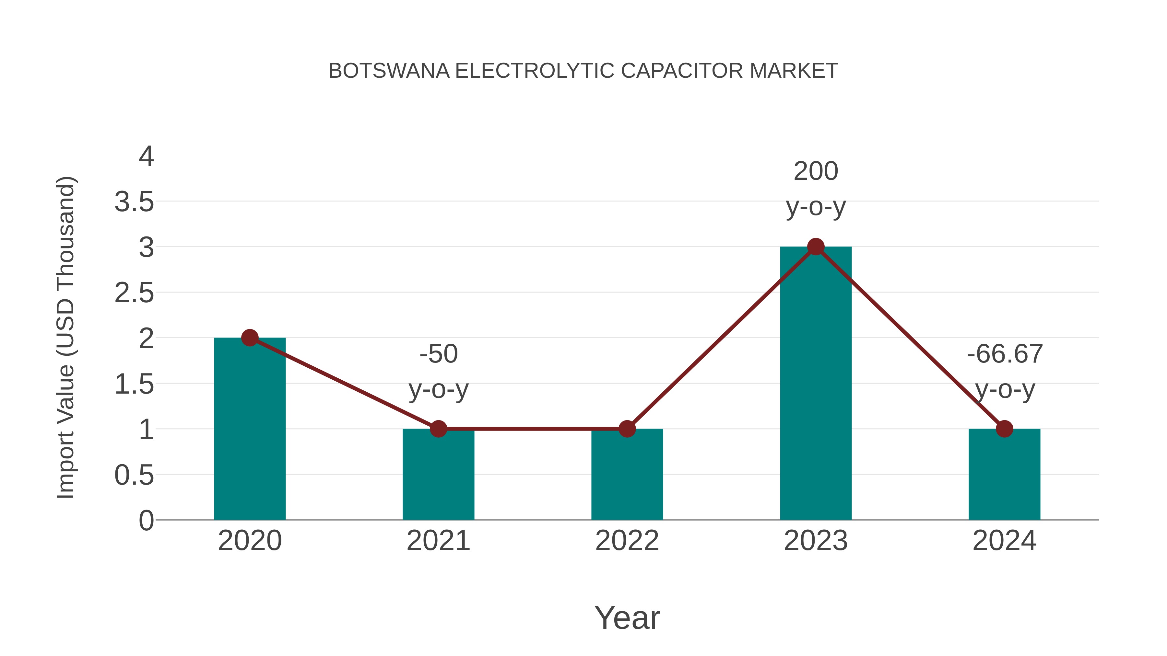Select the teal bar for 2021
click(x=438, y=475)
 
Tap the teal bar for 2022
click(x=627, y=475)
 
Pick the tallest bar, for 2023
click(x=816, y=385)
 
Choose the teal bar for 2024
click(x=1004, y=475)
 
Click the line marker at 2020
click(x=250, y=338)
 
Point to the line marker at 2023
click(x=816, y=247)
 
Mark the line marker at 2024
click(x=1004, y=429)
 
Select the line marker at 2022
click(x=627, y=429)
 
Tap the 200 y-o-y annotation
click(x=816, y=189)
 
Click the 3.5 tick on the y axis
click(x=134, y=202)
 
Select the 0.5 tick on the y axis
click(x=134, y=475)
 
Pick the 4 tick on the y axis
click(x=146, y=157)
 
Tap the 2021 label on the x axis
click(x=438, y=541)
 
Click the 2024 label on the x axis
click(x=1004, y=541)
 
